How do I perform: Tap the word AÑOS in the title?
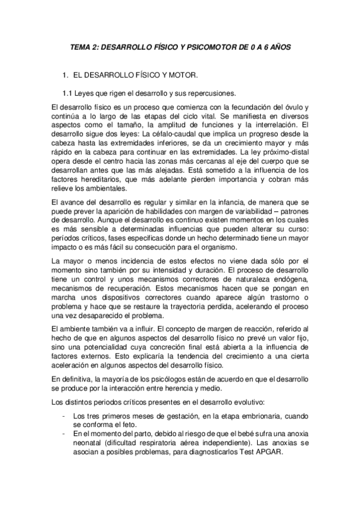click(278, 46)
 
